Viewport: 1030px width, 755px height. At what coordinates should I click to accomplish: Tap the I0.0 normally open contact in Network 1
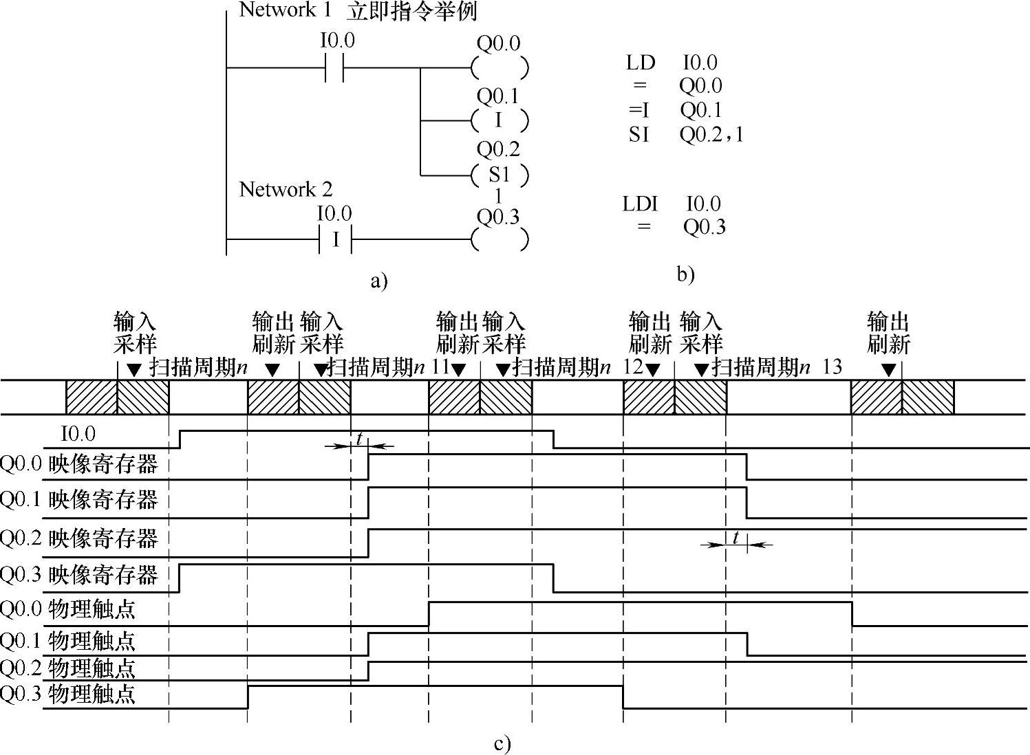point(334,68)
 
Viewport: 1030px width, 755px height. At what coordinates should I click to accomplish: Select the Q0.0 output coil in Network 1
point(500,68)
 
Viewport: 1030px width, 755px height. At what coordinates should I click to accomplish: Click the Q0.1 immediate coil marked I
point(500,121)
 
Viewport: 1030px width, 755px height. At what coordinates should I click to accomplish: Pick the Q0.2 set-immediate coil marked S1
point(500,175)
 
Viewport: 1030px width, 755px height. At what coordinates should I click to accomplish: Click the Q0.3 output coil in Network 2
point(500,239)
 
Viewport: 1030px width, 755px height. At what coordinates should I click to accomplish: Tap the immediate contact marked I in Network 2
point(335,239)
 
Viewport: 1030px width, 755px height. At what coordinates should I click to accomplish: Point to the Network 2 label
point(286,190)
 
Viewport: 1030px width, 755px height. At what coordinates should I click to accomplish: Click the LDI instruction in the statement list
point(640,204)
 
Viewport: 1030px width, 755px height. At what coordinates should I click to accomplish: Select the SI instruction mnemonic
point(639,134)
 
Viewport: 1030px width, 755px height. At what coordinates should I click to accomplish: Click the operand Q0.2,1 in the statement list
point(711,134)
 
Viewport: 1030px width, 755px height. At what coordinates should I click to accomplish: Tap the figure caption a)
point(379,281)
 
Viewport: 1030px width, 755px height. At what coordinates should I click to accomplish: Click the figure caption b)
point(685,274)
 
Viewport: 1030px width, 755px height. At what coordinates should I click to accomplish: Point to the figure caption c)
point(502,744)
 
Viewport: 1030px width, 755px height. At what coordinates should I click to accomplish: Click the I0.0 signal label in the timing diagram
point(78,435)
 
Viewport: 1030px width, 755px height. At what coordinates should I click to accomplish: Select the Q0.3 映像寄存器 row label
point(79,575)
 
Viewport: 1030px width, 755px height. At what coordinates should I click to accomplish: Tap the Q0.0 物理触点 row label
point(67,609)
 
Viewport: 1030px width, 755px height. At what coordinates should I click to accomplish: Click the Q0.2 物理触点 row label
point(67,668)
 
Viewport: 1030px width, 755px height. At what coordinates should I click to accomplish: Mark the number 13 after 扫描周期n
point(832,367)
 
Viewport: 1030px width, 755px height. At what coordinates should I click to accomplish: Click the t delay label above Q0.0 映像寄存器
point(358,438)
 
